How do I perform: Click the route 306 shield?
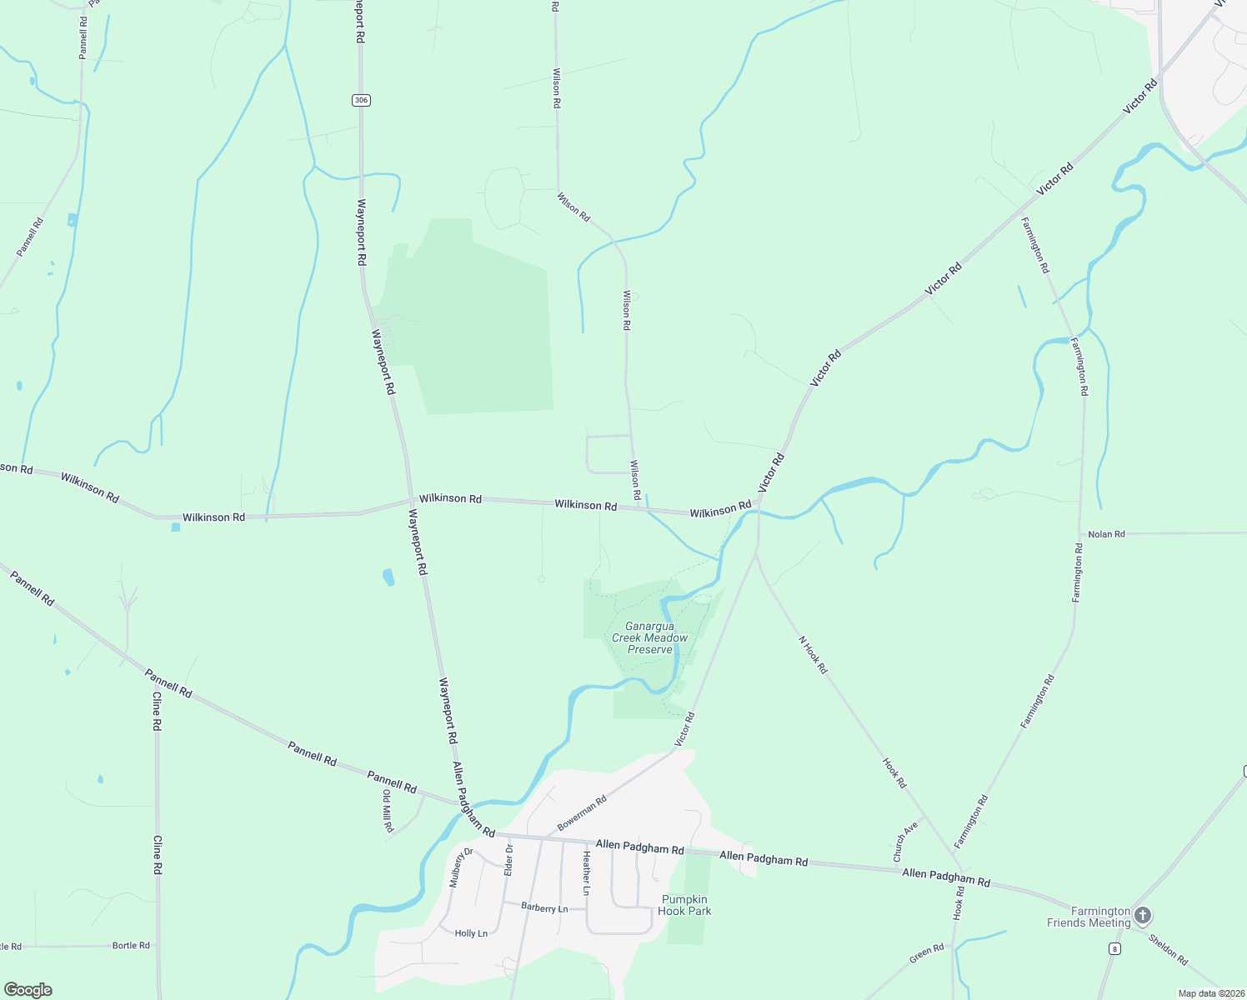(x=360, y=100)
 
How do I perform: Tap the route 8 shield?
(x=1114, y=948)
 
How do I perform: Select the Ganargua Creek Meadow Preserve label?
(x=650, y=637)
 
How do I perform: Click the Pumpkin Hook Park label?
(x=684, y=905)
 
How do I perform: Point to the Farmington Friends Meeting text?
(x=1089, y=917)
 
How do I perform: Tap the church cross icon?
(x=1143, y=916)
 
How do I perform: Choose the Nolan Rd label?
(x=1106, y=533)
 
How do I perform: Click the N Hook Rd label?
(x=813, y=654)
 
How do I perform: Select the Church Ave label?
(x=904, y=842)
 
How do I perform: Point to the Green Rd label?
(x=926, y=954)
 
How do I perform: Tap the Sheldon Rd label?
(x=1168, y=949)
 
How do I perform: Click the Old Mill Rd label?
(x=388, y=812)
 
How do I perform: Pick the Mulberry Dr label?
(x=461, y=867)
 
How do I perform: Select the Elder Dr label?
(x=508, y=859)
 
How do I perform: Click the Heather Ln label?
(x=587, y=873)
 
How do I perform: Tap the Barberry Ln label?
(x=544, y=907)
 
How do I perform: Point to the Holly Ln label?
(x=471, y=933)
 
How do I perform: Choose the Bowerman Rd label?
(x=582, y=812)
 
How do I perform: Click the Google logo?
(x=28, y=990)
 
